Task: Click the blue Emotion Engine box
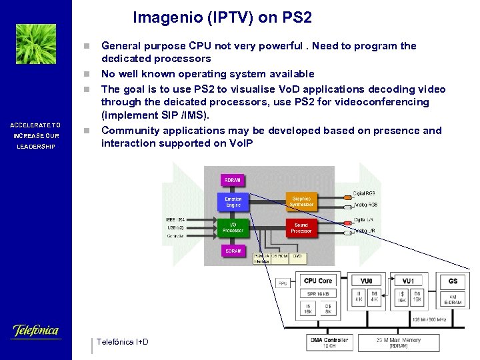pos(233,201)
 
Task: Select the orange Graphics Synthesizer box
pos(301,201)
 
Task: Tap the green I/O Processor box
pos(233,228)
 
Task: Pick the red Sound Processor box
pos(301,228)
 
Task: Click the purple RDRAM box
pos(233,181)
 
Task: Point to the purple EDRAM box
pos(233,251)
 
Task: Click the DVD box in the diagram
pos(297,256)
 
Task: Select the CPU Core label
pos(317,281)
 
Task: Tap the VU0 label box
pos(366,281)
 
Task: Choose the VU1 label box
pos(409,281)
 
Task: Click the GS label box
pos(453,281)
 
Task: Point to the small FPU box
pos(283,283)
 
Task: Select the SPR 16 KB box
pos(317,293)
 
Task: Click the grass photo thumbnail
pos(36,44)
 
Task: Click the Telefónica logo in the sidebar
pos(36,331)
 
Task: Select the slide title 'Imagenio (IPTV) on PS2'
pos(222,17)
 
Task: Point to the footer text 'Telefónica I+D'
pos(123,342)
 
